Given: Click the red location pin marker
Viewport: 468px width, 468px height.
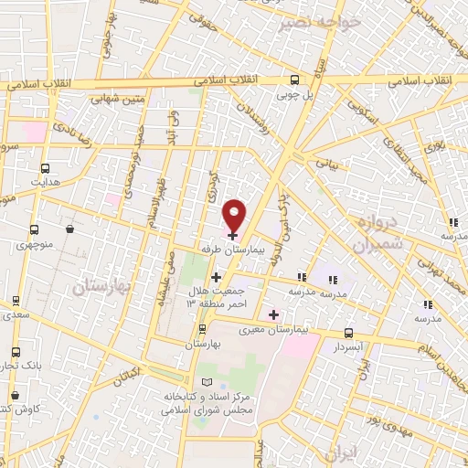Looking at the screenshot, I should [235, 216].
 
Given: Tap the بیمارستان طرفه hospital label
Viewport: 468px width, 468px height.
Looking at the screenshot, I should [232, 249].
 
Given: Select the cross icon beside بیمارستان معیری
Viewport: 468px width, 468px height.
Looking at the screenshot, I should [273, 314].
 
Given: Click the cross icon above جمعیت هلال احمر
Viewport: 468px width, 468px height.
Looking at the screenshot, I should [216, 277].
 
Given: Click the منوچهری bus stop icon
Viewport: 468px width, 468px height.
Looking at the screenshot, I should [34, 230].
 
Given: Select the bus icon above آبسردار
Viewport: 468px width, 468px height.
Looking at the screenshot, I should [347, 334].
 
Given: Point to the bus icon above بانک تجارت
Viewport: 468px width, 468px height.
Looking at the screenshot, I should [16, 353].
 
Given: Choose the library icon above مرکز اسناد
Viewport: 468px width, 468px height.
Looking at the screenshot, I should [205, 381].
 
